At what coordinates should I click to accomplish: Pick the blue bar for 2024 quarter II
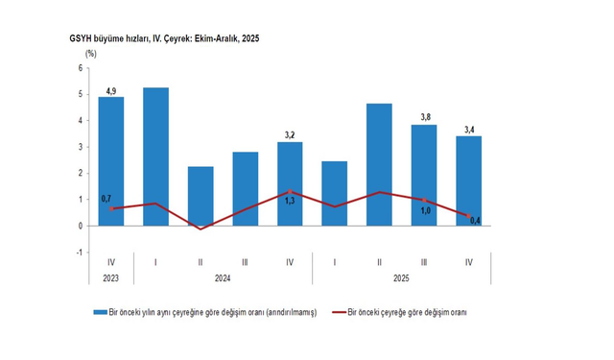[x=201, y=196]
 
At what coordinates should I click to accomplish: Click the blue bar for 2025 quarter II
[x=379, y=164]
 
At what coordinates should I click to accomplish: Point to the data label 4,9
[x=111, y=90]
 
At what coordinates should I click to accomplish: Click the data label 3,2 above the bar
[x=290, y=135]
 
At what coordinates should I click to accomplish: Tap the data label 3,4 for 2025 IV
[x=468, y=129]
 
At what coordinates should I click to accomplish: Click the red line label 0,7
[x=106, y=198]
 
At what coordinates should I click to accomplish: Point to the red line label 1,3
[x=290, y=202]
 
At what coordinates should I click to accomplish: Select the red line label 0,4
[x=475, y=223]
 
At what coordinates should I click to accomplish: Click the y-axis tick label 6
[x=81, y=68]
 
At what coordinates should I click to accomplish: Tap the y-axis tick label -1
[x=80, y=252]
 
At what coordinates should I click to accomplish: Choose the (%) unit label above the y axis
[x=91, y=54]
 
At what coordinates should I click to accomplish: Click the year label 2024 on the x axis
[x=223, y=278]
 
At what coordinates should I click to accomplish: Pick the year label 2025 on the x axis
[x=401, y=278]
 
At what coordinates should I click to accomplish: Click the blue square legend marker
[x=99, y=312]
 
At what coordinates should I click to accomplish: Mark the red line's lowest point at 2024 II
[x=201, y=228]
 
